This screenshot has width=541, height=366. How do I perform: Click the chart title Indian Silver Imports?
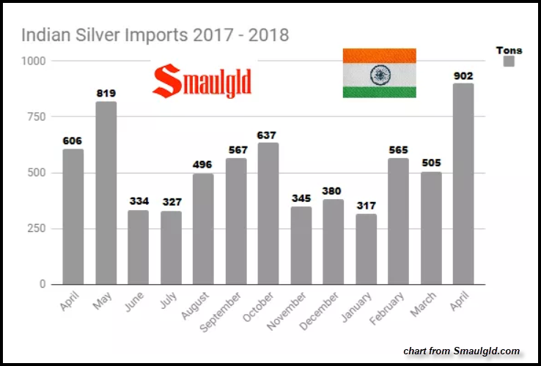click(x=155, y=34)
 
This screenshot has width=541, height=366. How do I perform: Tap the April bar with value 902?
click(x=463, y=183)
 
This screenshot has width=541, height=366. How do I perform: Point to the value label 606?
click(x=73, y=141)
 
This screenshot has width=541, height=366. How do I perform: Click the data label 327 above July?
click(x=171, y=203)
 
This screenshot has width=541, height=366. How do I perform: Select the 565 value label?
click(x=398, y=150)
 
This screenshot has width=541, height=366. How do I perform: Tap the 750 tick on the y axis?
click(x=37, y=117)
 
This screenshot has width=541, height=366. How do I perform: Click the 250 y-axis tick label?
click(x=37, y=228)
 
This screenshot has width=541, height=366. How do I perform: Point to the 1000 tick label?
click(x=34, y=61)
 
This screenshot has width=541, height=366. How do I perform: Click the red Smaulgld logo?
click(x=202, y=81)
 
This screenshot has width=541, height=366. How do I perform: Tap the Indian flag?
click(x=379, y=72)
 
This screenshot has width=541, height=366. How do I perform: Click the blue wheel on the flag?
click(x=379, y=73)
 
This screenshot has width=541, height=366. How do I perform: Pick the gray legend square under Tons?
click(x=509, y=62)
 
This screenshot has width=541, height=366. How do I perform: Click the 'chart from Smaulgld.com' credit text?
click(x=461, y=351)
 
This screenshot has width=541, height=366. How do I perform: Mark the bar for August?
click(x=203, y=228)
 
